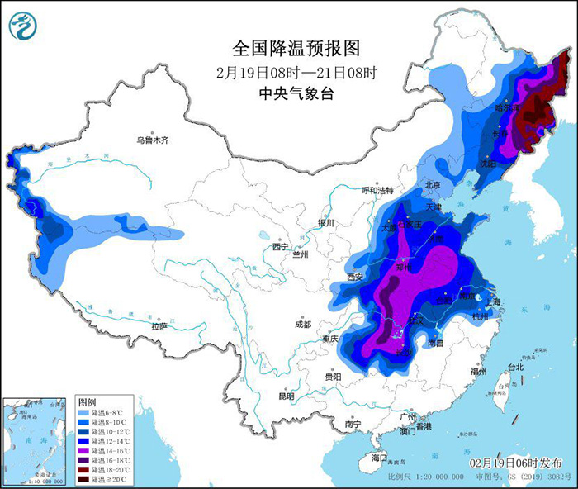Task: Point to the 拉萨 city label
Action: tap(159, 327)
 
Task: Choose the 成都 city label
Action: tap(301, 325)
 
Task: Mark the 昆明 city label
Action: tap(286, 396)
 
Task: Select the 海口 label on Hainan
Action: tap(379, 457)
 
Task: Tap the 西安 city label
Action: tap(355, 277)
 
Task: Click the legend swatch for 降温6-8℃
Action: tap(84, 412)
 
